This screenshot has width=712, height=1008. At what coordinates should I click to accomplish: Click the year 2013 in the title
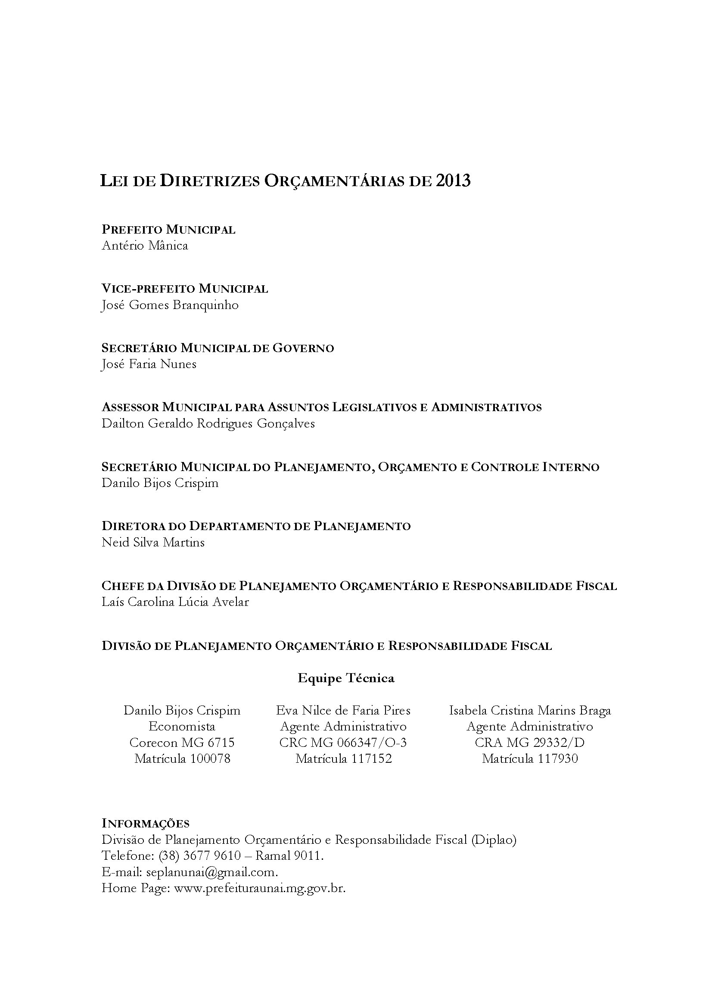tap(453, 181)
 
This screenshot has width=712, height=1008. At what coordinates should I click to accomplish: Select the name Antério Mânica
tap(145, 245)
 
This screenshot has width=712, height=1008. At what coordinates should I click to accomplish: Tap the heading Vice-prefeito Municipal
tap(185, 289)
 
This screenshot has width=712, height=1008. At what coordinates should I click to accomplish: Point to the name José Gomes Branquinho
tap(170, 305)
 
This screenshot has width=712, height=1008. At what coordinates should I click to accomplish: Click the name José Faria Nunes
tap(149, 364)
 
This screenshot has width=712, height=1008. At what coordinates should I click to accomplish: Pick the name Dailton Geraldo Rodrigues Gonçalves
tap(208, 424)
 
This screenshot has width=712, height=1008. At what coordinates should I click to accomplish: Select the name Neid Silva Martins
tap(153, 543)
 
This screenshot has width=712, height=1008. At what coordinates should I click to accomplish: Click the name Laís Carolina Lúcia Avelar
tap(175, 602)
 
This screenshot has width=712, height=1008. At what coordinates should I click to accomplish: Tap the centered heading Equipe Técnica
tap(346, 678)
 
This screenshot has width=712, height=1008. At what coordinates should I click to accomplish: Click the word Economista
tap(182, 727)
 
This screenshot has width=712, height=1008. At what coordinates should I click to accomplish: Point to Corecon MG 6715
tap(182, 743)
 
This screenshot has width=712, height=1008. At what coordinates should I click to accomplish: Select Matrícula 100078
tap(182, 758)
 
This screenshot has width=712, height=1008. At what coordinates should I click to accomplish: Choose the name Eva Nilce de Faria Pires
tap(343, 710)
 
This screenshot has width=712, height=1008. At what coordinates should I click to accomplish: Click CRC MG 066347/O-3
tap(343, 743)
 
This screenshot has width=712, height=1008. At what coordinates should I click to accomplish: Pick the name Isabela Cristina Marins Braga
tap(529, 710)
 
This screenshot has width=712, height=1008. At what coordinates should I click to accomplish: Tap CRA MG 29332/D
tap(529, 743)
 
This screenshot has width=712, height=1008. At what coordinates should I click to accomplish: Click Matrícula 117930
tap(529, 758)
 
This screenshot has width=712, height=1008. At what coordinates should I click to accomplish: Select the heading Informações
tap(145, 823)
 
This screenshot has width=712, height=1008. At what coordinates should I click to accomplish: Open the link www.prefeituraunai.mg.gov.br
tap(260, 888)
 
